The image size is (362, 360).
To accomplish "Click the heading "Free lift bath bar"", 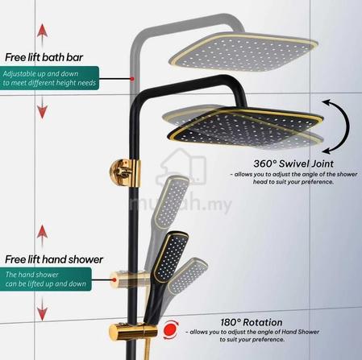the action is tap(44, 57).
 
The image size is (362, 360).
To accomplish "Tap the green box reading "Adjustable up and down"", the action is tap(49, 78).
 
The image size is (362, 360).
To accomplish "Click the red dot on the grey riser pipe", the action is tap(132, 79).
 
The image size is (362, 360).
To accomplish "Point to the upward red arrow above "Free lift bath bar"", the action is tap(42, 35).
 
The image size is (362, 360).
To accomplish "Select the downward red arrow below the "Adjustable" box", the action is tap(42, 107).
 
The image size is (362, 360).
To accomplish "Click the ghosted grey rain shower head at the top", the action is tap(243, 52).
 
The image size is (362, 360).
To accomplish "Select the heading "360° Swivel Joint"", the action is tap(293, 163).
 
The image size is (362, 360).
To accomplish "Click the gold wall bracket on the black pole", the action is tap(125, 172).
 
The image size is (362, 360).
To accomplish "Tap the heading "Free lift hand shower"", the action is tap(54, 259).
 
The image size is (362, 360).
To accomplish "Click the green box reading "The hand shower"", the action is tap(46, 279).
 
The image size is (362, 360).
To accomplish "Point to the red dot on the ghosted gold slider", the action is tap(114, 279).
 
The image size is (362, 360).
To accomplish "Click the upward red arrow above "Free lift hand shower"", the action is tap(42, 236).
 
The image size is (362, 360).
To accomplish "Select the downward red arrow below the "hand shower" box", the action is tap(42, 308).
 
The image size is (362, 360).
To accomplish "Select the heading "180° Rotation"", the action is tap(252, 322).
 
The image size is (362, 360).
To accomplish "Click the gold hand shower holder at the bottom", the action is tap(133, 333).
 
